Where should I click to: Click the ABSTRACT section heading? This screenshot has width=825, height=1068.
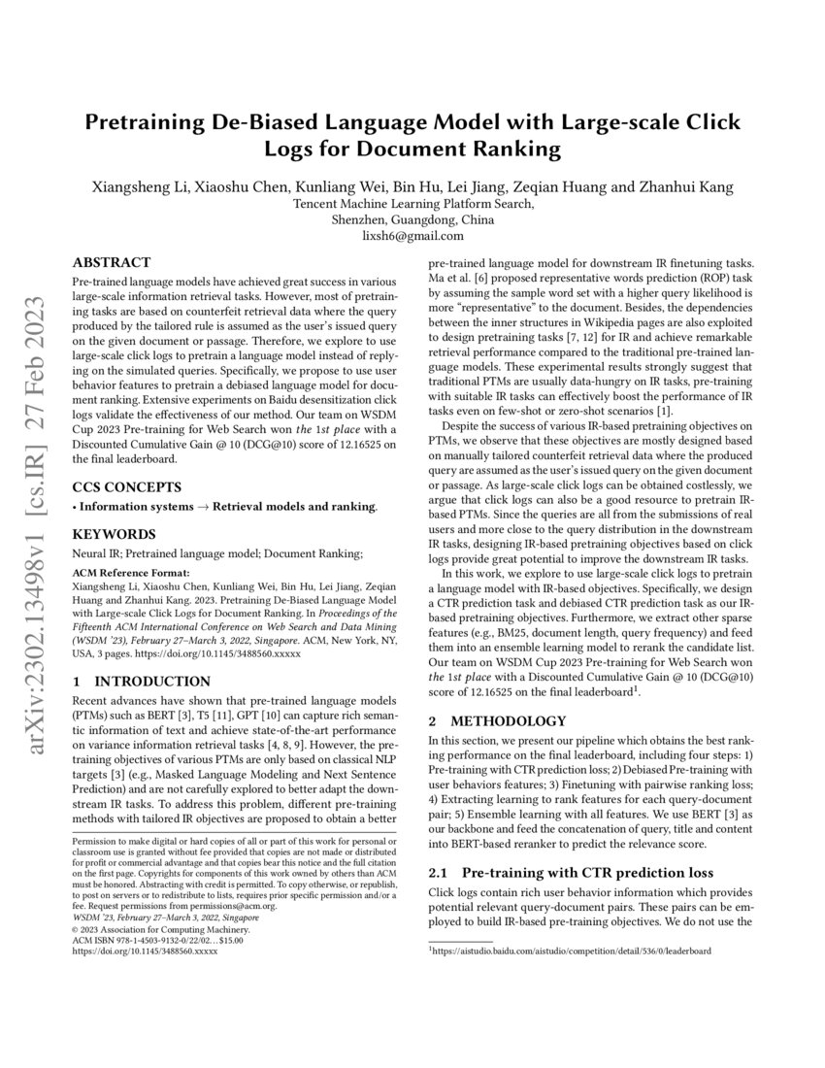pyautogui.click(x=112, y=262)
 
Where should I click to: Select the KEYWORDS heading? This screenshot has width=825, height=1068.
pyautogui.click(x=114, y=534)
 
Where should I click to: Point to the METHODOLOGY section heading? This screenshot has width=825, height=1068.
pyautogui.click(x=497, y=720)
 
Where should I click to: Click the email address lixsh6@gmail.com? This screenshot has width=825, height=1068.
pyautogui.click(x=412, y=235)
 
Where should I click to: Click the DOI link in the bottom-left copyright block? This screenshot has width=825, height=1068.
pyautogui.click(x=146, y=951)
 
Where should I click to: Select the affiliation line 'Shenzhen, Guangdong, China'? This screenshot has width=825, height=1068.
pyautogui.click(x=412, y=219)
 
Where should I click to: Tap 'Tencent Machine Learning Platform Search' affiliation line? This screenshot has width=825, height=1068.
pyautogui.click(x=412, y=204)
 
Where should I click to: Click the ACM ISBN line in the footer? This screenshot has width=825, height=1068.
pyautogui.click(x=158, y=940)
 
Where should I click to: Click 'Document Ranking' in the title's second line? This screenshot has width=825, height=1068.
pyautogui.click(x=466, y=149)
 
